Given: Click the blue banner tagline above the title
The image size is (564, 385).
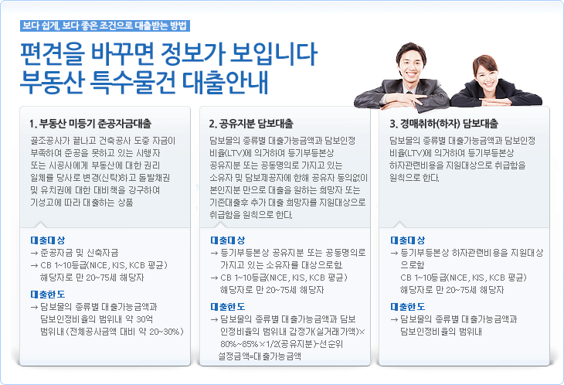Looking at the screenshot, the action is pyautogui.click(x=104, y=26).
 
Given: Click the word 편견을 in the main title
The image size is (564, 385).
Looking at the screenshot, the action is pyautogui.click(x=52, y=54).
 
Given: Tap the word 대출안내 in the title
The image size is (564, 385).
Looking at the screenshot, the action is pyautogui.click(x=225, y=82).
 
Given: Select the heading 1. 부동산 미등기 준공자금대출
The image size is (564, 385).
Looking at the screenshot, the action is pyautogui.click(x=90, y=124).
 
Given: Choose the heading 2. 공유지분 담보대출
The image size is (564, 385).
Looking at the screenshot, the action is pyautogui.click(x=251, y=124).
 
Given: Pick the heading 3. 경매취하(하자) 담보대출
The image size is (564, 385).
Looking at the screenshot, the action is pyautogui.click(x=443, y=124).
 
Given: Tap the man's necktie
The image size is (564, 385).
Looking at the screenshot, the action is pyautogui.click(x=409, y=94).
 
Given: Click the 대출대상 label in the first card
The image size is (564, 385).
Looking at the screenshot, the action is pyautogui.click(x=48, y=240).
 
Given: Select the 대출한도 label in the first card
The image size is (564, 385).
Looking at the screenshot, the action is pyautogui.click(x=48, y=295).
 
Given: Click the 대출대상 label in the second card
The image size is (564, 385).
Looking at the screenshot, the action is pyautogui.click(x=228, y=240).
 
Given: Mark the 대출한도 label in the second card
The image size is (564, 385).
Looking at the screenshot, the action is pyautogui.click(x=228, y=307).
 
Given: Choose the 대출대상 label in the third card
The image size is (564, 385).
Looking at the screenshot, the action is pyautogui.click(x=408, y=240).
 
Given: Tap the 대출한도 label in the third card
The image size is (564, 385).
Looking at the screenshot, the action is pyautogui.click(x=408, y=307).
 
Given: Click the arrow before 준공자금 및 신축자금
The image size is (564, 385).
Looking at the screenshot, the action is pyautogui.click(x=34, y=254).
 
